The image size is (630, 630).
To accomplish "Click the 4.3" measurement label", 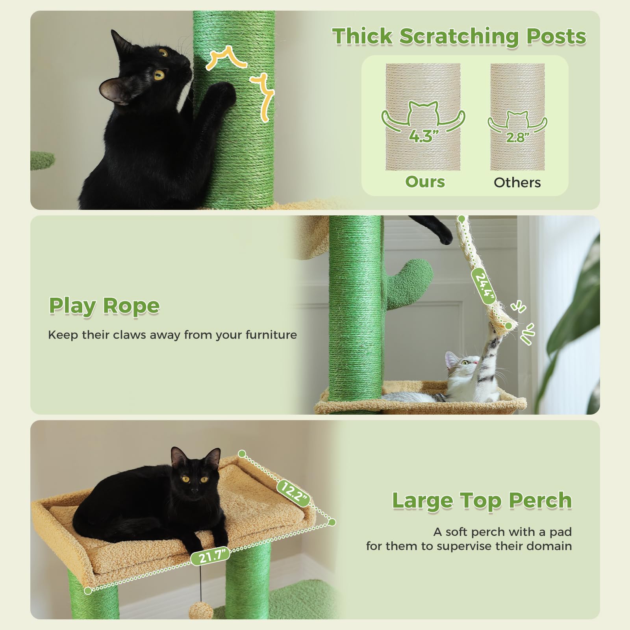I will tap(423, 136).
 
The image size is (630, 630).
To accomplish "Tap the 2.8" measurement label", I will tap(517, 137).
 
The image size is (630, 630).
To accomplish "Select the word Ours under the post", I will tap(425, 182).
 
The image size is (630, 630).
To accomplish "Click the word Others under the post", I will tap(517, 183).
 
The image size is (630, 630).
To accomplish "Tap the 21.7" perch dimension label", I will tap(210, 556).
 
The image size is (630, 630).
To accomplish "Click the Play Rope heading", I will tap(104, 306).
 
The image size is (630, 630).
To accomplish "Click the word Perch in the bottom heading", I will tap(540, 501).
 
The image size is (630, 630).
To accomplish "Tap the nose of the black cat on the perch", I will tap(195, 491).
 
